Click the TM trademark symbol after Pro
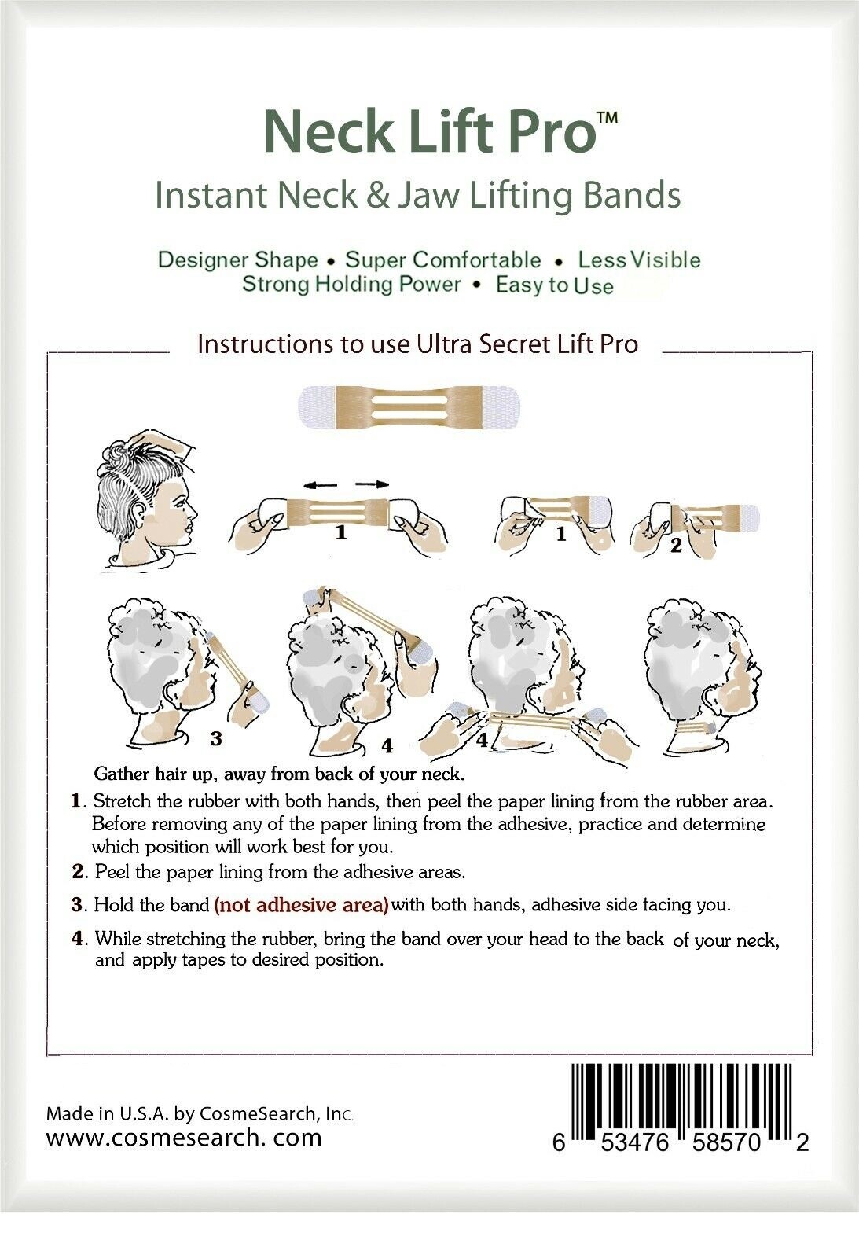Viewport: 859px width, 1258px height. pos(607,118)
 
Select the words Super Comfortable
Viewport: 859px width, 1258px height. pos(443,260)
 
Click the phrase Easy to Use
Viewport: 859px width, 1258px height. pos(554,285)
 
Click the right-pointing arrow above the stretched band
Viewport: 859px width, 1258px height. pos(372,485)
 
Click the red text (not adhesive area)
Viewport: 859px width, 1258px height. pos(301,904)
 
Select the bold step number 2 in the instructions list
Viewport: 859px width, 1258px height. pos(78,872)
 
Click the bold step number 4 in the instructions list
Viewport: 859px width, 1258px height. pos(78,938)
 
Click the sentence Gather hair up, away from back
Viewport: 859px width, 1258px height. pos(279,774)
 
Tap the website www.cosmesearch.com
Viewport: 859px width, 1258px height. pos(184,1137)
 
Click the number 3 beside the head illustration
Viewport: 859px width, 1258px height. pos(216,738)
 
